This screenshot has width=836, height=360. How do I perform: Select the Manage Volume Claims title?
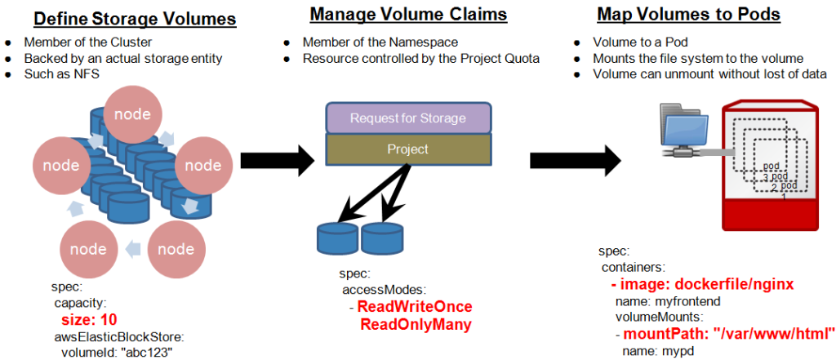pyautogui.click(x=408, y=14)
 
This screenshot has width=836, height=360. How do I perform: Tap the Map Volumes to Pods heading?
pyautogui.click(x=688, y=14)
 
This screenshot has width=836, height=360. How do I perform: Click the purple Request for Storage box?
pyautogui.click(x=408, y=118)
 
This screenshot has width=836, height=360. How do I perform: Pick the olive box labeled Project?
pyautogui.click(x=408, y=149)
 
